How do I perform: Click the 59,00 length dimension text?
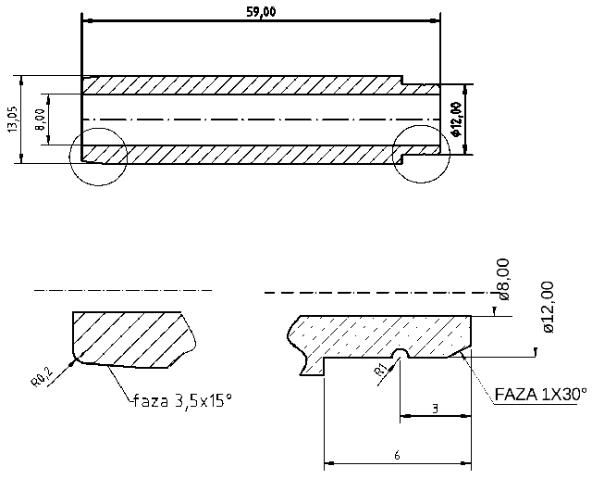point(261,10)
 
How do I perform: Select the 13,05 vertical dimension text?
point(12,120)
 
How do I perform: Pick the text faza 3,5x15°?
point(182,400)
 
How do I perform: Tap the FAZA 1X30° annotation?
point(541,394)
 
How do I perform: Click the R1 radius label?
point(380,372)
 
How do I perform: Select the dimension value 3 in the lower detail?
point(434,409)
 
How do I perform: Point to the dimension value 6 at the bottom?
point(396,455)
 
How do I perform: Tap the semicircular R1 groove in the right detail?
point(400,355)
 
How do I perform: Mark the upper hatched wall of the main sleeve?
point(240,84)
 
